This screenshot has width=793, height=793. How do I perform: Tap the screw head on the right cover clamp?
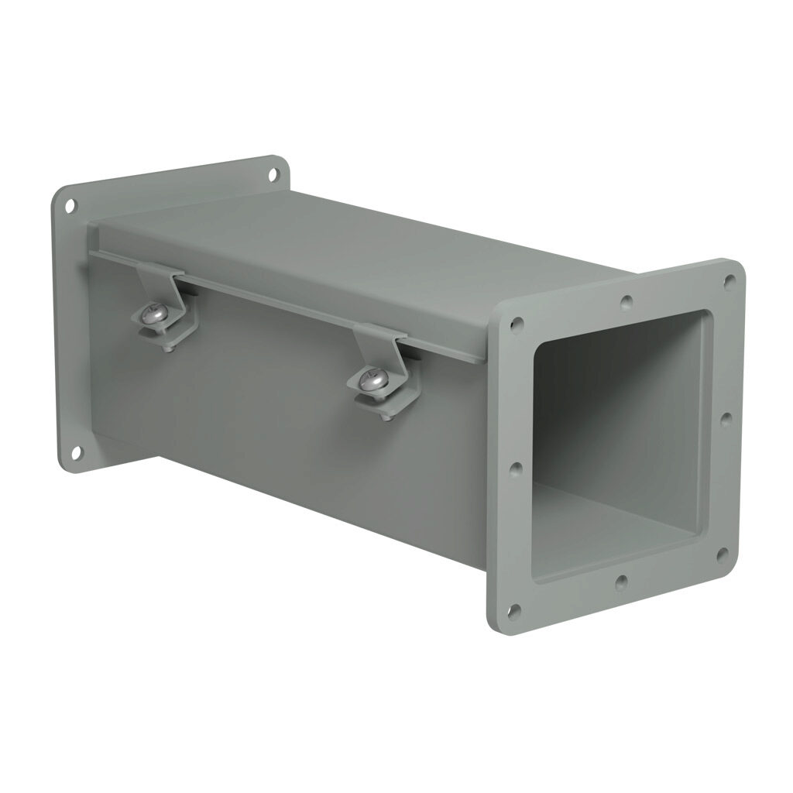372,379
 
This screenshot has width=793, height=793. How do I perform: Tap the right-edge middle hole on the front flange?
726,419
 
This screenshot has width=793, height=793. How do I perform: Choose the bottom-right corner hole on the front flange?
722,554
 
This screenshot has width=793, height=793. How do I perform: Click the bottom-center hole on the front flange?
620,582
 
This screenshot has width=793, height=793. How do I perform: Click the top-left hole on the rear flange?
70,206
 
